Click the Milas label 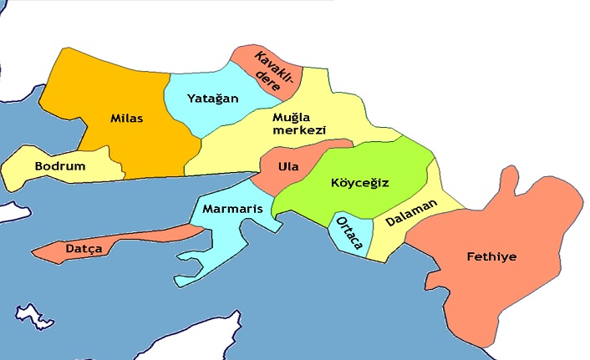127,119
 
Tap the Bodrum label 60,166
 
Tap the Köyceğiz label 360,182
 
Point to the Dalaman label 411,218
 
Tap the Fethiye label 491,256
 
